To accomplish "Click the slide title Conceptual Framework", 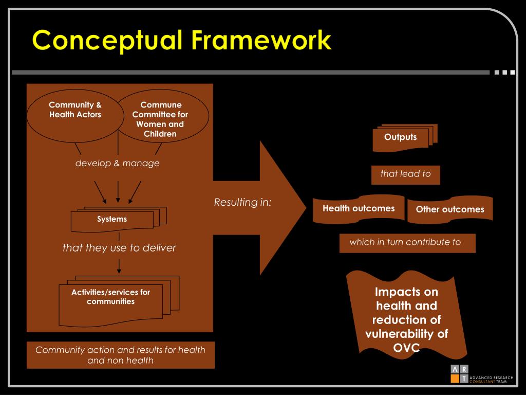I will (181, 40).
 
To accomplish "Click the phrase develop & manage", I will (118, 164).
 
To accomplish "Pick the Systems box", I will (112, 220).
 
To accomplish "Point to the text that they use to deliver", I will (119, 248).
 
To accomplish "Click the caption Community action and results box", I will (120, 355).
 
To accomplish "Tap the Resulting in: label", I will (242, 202).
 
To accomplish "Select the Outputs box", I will (401, 137).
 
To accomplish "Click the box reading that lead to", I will (405, 174).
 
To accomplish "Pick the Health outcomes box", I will (359, 208).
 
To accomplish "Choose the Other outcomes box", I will (450, 210).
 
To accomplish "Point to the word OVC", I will (407, 348).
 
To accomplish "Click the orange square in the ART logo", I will (455, 379).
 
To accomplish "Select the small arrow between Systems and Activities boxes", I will (119, 265).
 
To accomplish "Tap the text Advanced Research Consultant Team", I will (492, 379).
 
